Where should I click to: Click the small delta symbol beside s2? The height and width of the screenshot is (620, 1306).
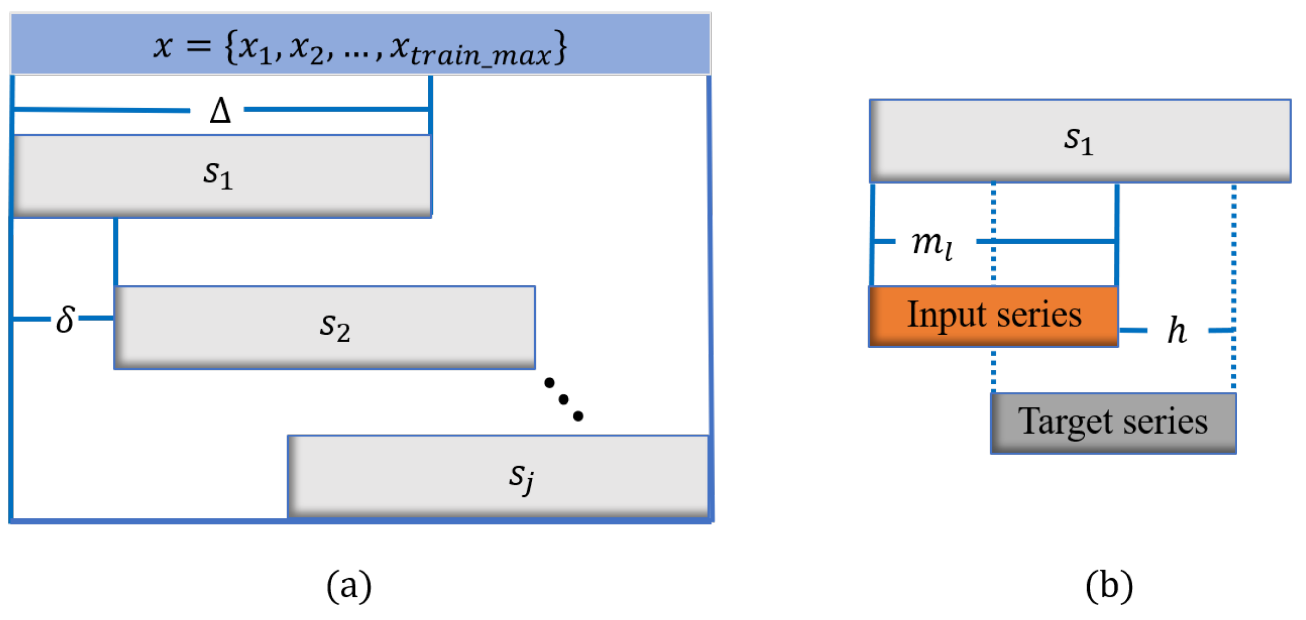65,319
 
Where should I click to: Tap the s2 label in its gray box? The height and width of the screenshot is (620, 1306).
335,326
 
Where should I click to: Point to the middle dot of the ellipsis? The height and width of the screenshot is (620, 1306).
563,400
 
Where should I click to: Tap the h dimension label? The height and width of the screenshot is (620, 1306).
1177,330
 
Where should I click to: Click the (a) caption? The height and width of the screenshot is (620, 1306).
349,586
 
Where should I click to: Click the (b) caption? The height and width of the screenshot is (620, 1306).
1109,586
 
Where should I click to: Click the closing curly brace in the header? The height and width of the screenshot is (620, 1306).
560,47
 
